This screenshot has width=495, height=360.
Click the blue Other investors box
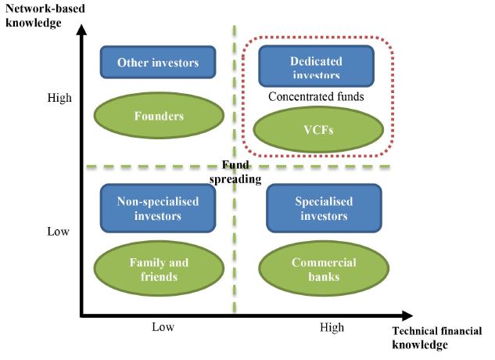click(157, 63)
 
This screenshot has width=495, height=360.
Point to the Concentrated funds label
click(316, 97)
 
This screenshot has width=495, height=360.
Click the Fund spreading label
click(242, 172)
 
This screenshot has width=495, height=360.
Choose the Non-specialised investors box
click(157, 209)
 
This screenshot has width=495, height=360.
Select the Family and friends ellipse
click(159, 269)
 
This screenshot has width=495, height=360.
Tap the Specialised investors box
click(323, 209)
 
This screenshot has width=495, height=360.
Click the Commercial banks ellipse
click(323, 269)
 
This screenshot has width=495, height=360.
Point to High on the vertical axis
click(59, 98)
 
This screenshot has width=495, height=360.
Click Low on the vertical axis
click(59, 232)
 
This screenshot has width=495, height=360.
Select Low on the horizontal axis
click(163, 327)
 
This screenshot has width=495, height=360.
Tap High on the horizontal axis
click(332, 327)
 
